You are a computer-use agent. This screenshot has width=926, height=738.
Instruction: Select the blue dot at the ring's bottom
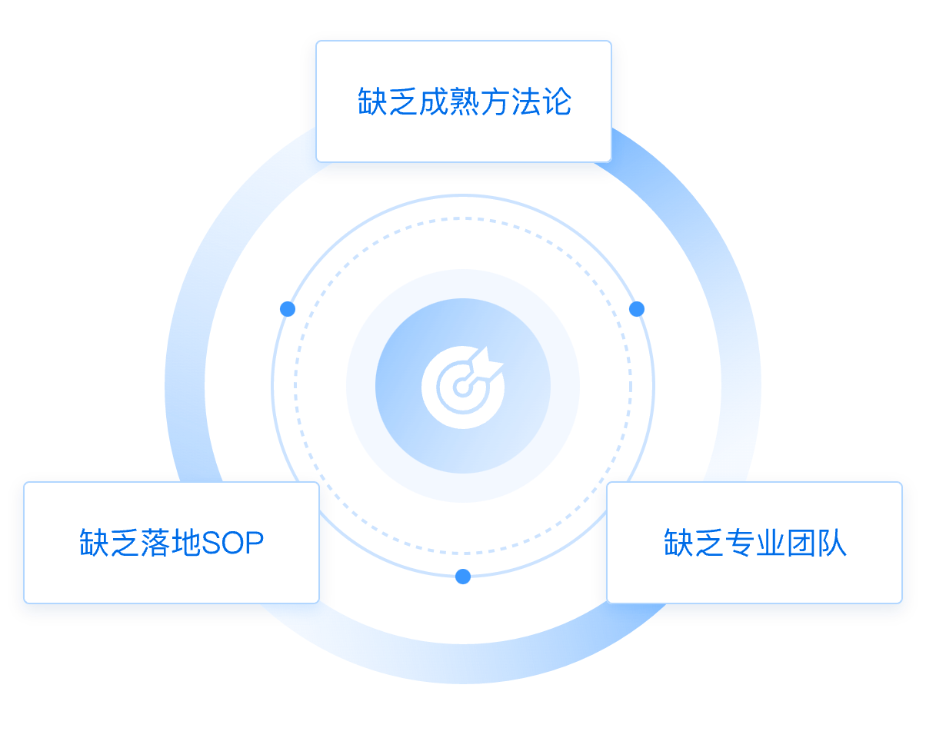tap(463, 577)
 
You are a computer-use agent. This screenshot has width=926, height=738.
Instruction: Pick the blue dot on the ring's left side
tap(288, 309)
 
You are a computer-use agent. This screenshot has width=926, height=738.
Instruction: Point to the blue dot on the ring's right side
tap(637, 309)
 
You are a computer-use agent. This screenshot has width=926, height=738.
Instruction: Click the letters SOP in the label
tap(232, 544)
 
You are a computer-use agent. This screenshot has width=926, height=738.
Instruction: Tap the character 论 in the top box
tap(556, 102)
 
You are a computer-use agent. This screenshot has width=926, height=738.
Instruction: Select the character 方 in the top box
tap(496, 102)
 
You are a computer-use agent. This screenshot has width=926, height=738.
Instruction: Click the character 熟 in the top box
tap(465, 102)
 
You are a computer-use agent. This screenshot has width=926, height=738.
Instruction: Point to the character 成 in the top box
tap(434, 102)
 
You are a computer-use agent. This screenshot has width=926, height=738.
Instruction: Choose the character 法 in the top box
tap(526, 102)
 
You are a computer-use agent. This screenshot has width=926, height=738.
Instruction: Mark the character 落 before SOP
tap(156, 544)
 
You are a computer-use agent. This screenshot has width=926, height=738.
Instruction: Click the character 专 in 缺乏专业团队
tap(740, 544)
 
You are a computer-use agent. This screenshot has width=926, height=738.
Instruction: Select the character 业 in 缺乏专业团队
tap(771, 544)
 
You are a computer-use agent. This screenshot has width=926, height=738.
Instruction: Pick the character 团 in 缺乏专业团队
tap(801, 544)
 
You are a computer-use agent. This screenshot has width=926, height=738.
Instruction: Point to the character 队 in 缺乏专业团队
tap(832, 544)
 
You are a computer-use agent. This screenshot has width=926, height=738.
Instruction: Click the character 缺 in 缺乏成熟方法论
tap(372, 102)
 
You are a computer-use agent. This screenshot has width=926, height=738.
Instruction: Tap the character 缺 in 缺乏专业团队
tap(678, 544)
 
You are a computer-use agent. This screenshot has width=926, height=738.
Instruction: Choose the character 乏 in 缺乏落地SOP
tap(125, 544)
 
